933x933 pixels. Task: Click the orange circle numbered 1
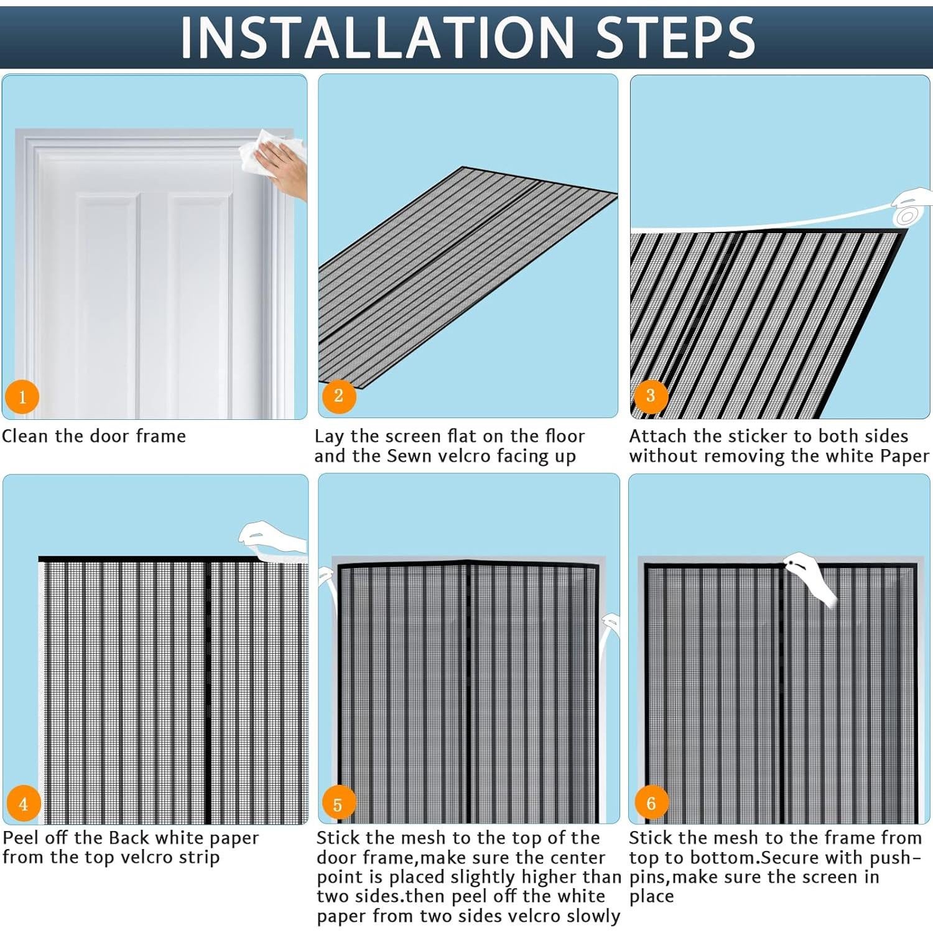22,397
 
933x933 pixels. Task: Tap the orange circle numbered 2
338,395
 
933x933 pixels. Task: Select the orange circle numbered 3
651,395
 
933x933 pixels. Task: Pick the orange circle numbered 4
24,804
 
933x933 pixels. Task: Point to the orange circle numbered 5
338,804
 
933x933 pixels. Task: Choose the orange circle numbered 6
651,802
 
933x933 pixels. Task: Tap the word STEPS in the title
675,37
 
